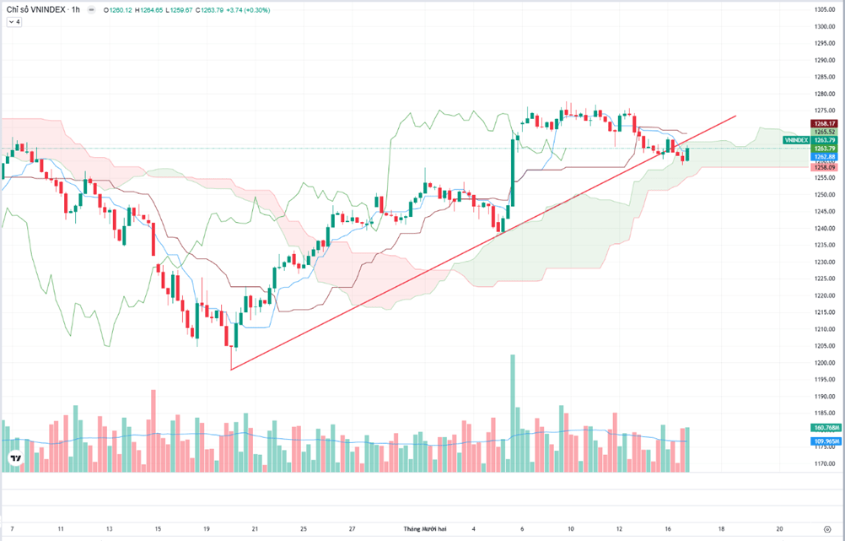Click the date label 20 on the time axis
[780, 529]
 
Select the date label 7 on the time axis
[12, 529]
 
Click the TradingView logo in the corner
[15, 458]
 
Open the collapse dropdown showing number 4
[14, 22]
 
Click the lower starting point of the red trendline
[230, 369]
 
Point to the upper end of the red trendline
[736, 116]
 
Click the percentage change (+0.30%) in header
[258, 9]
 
